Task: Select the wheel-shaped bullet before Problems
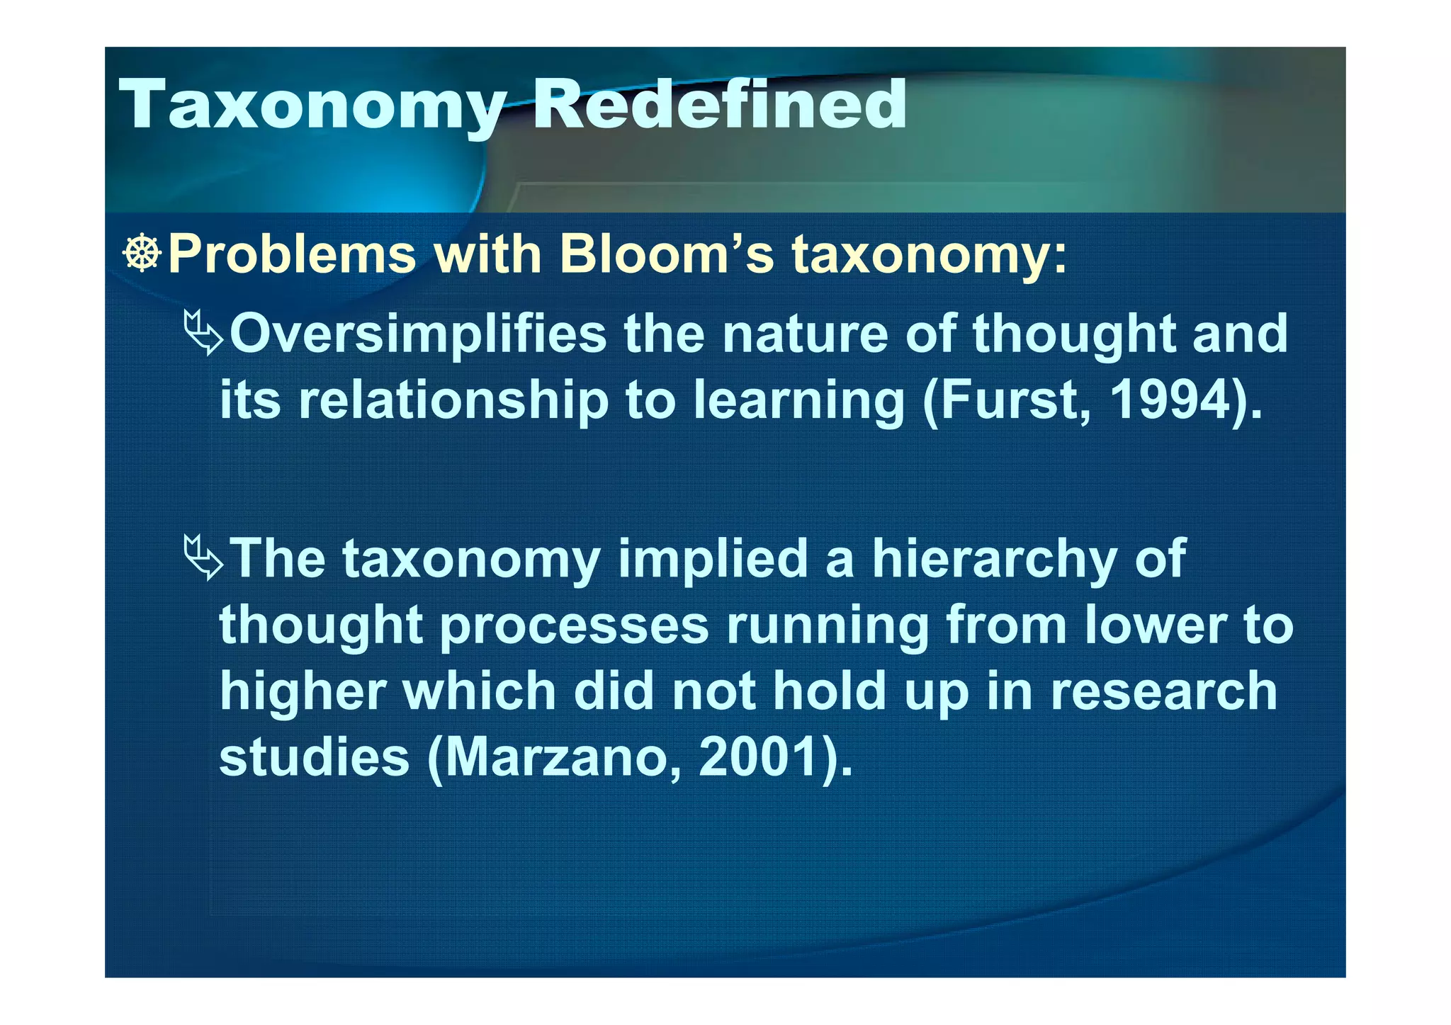tap(142, 253)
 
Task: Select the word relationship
tap(453, 400)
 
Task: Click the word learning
tap(798, 400)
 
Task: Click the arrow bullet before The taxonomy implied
tap(203, 558)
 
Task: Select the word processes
tap(574, 625)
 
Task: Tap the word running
tap(827, 625)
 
